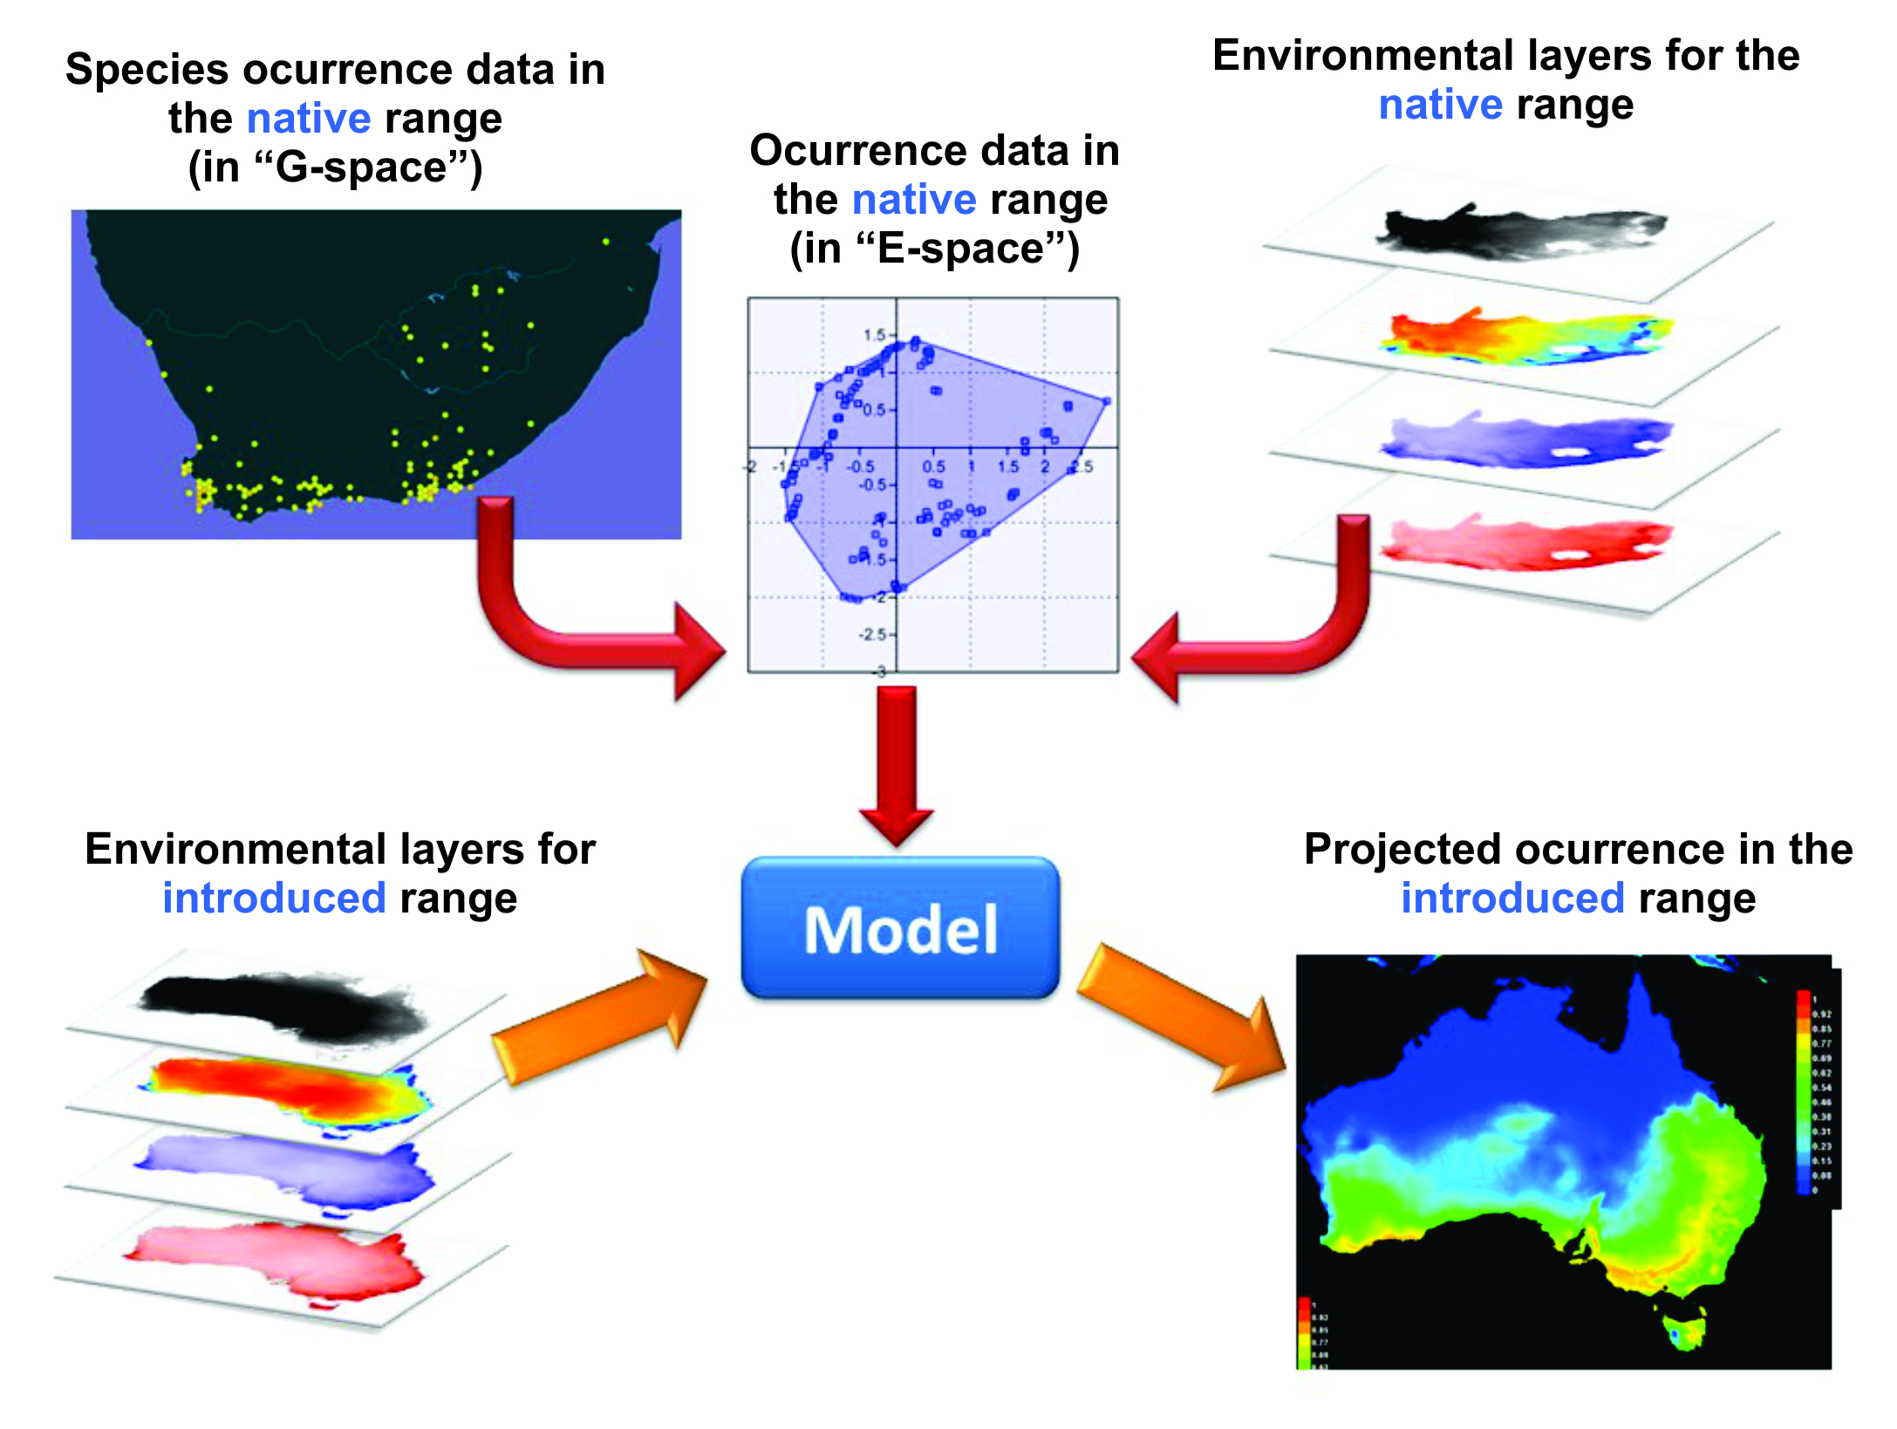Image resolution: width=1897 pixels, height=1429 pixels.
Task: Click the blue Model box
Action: [900, 928]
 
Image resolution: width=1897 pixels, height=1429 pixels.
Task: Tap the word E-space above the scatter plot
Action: [960, 249]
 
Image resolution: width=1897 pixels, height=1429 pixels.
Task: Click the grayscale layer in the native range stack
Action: [1522, 231]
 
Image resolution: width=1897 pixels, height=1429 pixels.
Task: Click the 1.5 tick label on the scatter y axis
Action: [873, 335]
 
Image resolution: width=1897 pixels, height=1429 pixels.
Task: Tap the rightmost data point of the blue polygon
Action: [1107, 401]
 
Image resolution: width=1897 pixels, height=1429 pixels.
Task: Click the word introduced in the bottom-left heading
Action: [274, 899]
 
